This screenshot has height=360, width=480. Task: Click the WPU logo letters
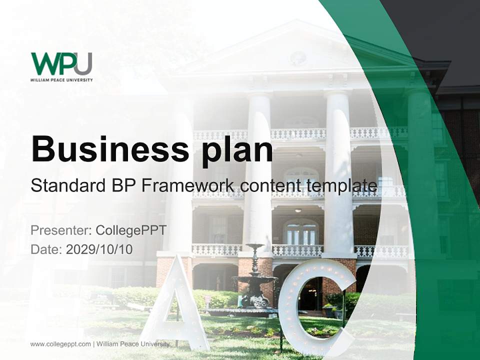pos(61,63)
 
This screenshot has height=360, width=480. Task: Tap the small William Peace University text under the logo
pos(61,79)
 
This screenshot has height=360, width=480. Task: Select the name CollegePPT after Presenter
pos(131,230)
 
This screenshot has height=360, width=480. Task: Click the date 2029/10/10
pos(99,249)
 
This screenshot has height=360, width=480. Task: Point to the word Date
pos(45,249)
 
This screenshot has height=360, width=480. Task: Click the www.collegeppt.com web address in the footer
pos(60,344)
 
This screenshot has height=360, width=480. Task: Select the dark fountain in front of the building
pos(254,280)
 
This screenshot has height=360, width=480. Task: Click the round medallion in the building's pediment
pos(297,57)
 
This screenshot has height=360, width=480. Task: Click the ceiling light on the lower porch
pos(298,210)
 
